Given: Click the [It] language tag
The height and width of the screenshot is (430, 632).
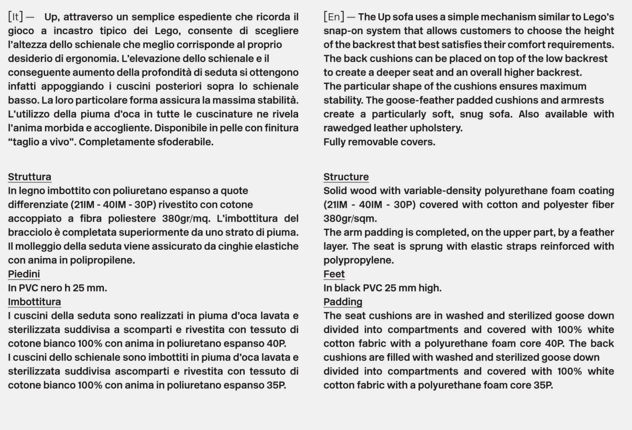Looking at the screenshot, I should (16, 17).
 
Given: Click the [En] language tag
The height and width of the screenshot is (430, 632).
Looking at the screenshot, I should (333, 17).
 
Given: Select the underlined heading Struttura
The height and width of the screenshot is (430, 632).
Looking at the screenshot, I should (29, 177).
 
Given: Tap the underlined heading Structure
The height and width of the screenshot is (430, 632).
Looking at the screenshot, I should (346, 177).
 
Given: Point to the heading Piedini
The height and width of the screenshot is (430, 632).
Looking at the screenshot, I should (24, 274).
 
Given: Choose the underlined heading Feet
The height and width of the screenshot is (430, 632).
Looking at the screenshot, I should (334, 274).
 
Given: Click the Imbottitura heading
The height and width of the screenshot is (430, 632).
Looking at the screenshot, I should (34, 302).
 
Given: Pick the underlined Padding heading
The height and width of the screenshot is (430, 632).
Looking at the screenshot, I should (343, 302).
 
